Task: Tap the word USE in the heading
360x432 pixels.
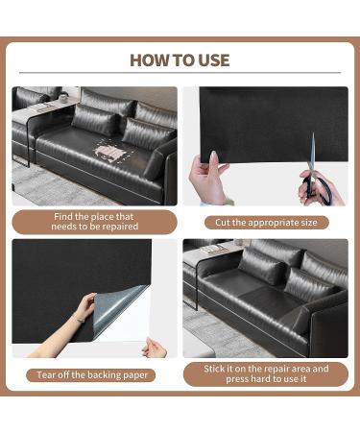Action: coord(214,60)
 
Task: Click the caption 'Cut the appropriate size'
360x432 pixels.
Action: coord(266,223)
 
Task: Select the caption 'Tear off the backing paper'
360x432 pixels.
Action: coord(92,375)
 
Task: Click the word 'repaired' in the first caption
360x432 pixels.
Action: coord(121,227)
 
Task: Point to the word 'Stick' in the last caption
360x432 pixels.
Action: coord(214,369)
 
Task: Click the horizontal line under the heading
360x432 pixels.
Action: coord(180,73)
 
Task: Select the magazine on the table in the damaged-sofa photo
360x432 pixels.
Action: coord(39,107)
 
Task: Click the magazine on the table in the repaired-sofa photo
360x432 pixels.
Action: coord(214,249)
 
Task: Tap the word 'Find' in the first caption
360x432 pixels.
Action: coord(63,217)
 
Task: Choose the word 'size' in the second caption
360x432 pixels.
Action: coord(308,223)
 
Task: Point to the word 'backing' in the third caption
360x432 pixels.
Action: coord(105,375)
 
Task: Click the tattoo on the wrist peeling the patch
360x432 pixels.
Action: coord(79,319)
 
